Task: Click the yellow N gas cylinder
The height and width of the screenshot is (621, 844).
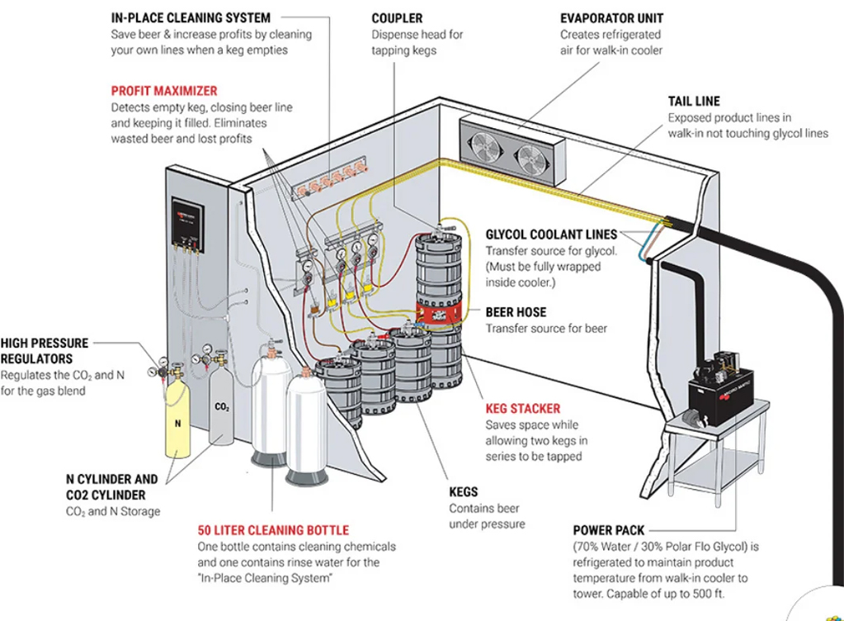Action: click(177, 421)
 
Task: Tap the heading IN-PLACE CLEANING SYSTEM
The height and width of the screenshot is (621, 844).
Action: click(191, 18)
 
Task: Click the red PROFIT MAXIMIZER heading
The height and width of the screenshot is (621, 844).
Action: click(164, 91)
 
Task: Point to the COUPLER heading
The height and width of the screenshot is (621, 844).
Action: click(397, 18)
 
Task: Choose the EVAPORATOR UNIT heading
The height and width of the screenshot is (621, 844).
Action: click(611, 18)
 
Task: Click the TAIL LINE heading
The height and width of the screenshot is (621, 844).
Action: click(694, 102)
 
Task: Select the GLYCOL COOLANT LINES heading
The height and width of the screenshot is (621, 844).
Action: click(551, 235)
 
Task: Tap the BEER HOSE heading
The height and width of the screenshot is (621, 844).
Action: click(516, 312)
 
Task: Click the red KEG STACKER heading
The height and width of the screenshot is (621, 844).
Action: click(522, 409)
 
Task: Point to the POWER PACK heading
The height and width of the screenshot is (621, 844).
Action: click(608, 530)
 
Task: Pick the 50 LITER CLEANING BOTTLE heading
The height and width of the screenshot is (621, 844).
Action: click(273, 530)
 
